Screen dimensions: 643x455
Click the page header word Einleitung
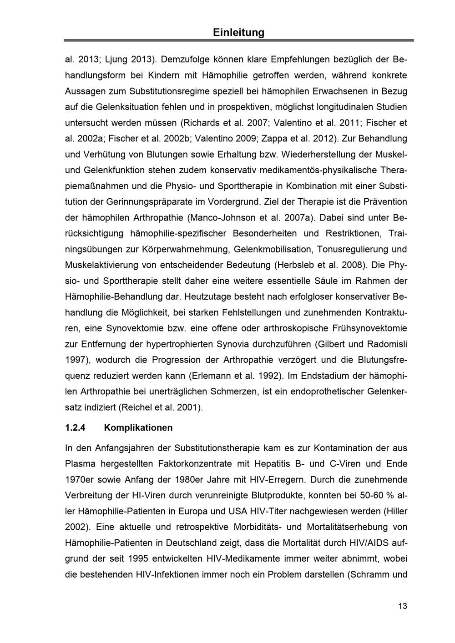(238, 32)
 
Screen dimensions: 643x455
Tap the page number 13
(402, 606)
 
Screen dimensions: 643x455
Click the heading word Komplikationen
(138, 428)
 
